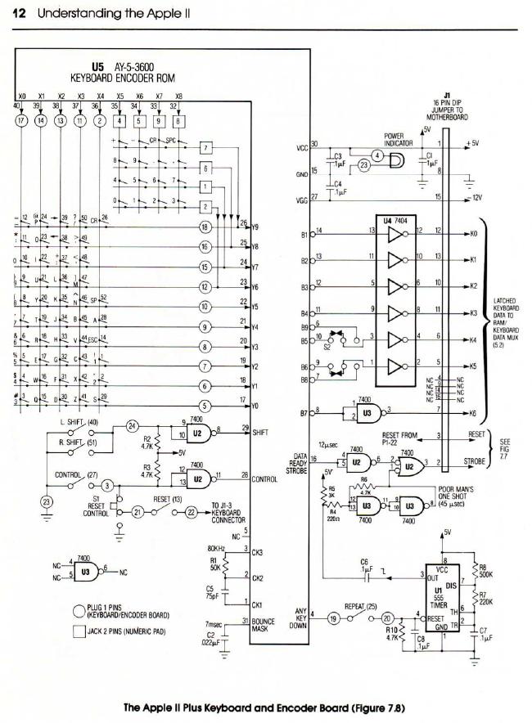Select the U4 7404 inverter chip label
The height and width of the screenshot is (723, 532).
[399, 220]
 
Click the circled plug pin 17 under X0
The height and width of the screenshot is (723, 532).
[22, 121]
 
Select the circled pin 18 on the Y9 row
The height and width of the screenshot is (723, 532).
[205, 227]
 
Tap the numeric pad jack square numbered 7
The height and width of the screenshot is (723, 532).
[206, 147]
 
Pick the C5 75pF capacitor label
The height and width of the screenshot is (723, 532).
[211, 592]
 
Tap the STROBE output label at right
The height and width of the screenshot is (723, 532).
[476, 462]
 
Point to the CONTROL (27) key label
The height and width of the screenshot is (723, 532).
[74, 474]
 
